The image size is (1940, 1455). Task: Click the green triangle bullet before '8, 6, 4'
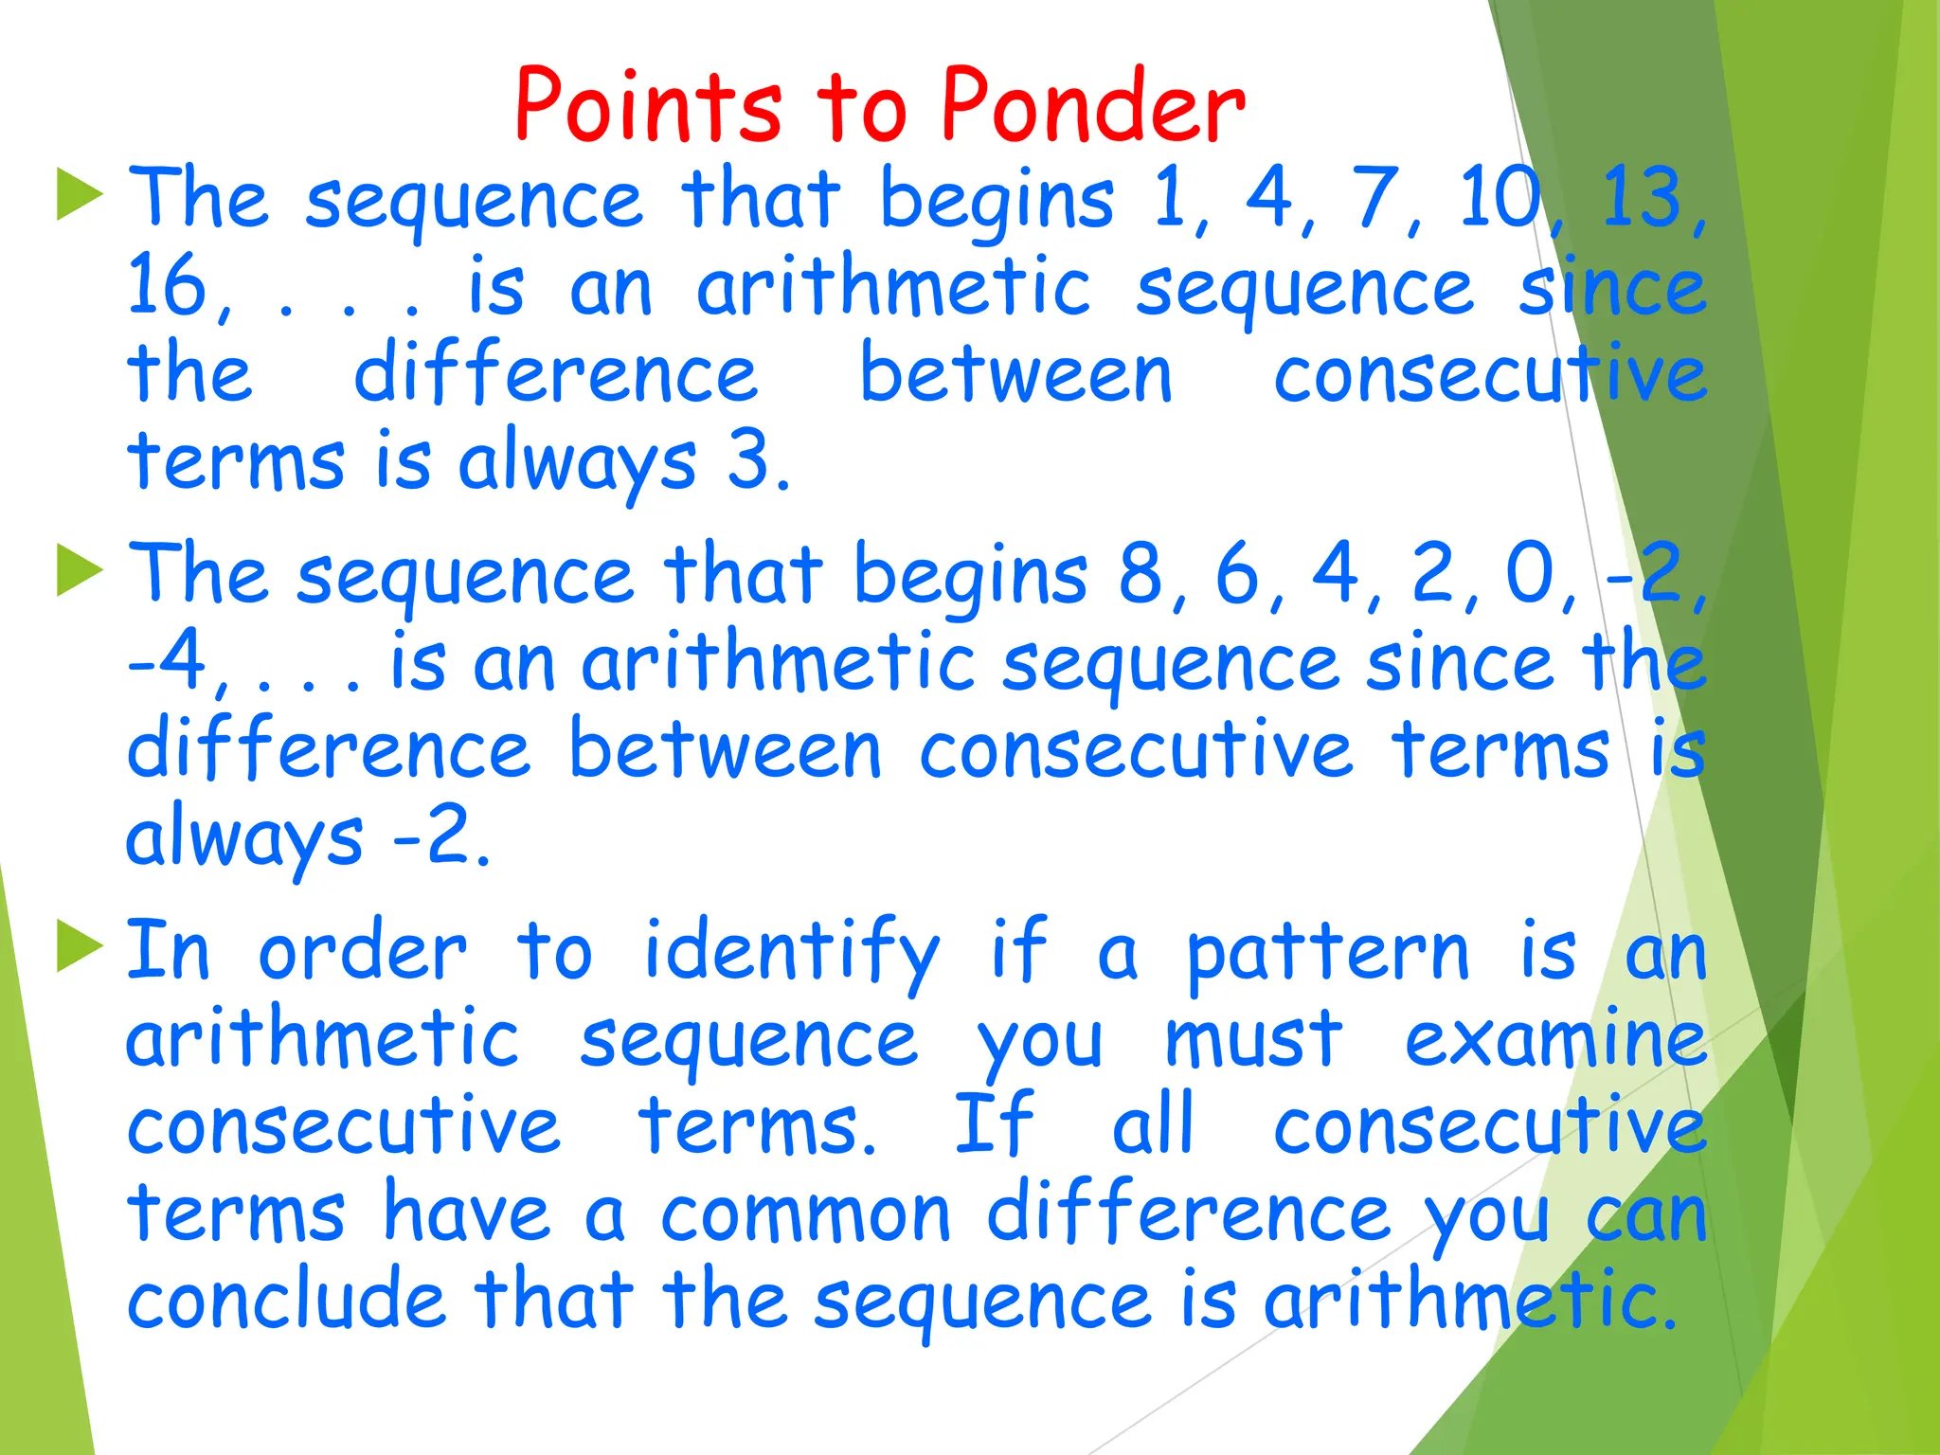[79, 570]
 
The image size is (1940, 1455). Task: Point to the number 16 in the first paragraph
[167, 287]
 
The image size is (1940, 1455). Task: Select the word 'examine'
[1554, 1039]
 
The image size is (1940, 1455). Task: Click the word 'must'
[1253, 1039]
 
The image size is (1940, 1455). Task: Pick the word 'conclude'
[285, 1300]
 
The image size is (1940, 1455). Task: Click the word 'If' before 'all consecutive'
[993, 1124]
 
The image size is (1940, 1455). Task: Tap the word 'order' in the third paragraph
[362, 952]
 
